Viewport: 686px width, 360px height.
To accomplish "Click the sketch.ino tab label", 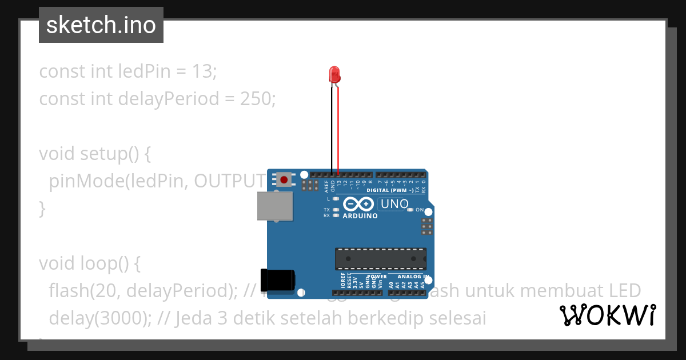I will pos(101,25).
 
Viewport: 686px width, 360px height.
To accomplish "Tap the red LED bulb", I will pos(334,74).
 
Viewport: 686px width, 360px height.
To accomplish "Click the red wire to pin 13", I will pos(338,131).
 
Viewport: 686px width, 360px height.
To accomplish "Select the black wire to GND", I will pos(332,131).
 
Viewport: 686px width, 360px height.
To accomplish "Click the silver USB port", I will pos(274,206).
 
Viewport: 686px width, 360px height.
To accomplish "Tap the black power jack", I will pos(278,280).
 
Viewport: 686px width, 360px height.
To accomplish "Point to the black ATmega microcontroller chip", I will pos(380,259).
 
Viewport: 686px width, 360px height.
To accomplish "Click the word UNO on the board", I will pos(394,204).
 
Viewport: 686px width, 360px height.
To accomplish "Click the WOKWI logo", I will pos(607,315).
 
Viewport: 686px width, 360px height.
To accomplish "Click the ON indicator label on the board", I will pos(419,210).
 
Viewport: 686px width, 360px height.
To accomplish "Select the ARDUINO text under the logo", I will pos(360,217).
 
